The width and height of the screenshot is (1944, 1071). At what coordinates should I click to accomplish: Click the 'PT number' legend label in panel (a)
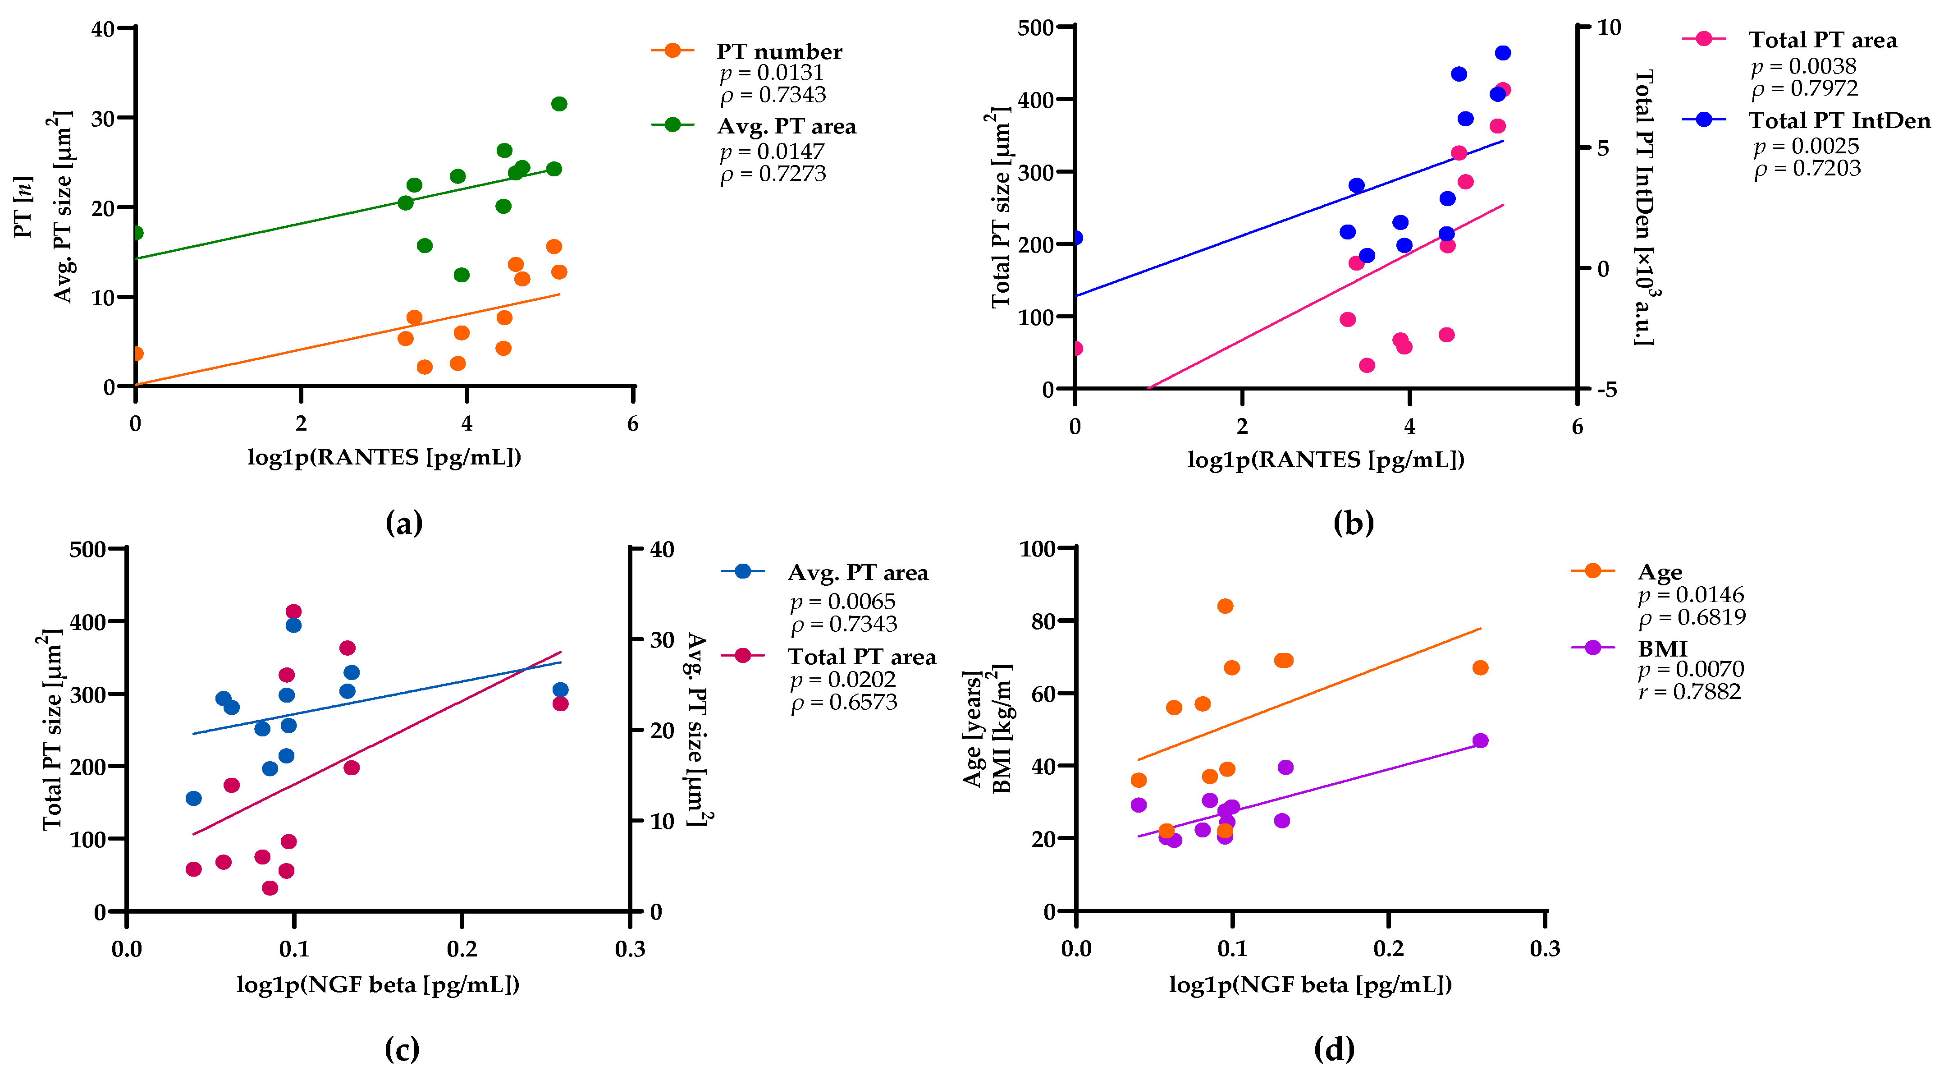coord(779,51)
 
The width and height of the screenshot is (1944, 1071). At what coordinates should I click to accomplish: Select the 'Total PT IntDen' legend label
coord(1839,121)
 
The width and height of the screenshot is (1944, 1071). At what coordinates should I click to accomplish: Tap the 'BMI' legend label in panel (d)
coord(1662,648)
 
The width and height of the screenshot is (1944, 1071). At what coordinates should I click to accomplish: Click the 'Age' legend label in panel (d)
coord(1660,572)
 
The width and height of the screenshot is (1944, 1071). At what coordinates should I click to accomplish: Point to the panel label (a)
coord(404,522)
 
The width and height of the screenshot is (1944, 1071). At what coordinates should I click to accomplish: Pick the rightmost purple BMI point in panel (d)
coord(1480,740)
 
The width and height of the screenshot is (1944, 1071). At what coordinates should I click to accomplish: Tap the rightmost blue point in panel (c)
coord(560,690)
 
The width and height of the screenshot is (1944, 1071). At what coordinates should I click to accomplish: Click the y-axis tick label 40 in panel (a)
coord(103,29)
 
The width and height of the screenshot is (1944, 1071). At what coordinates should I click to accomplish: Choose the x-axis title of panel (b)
coord(1326,460)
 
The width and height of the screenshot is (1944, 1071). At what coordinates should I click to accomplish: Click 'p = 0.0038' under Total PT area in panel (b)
coord(1804,66)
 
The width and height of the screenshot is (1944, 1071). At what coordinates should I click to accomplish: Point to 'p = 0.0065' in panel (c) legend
coord(842,602)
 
